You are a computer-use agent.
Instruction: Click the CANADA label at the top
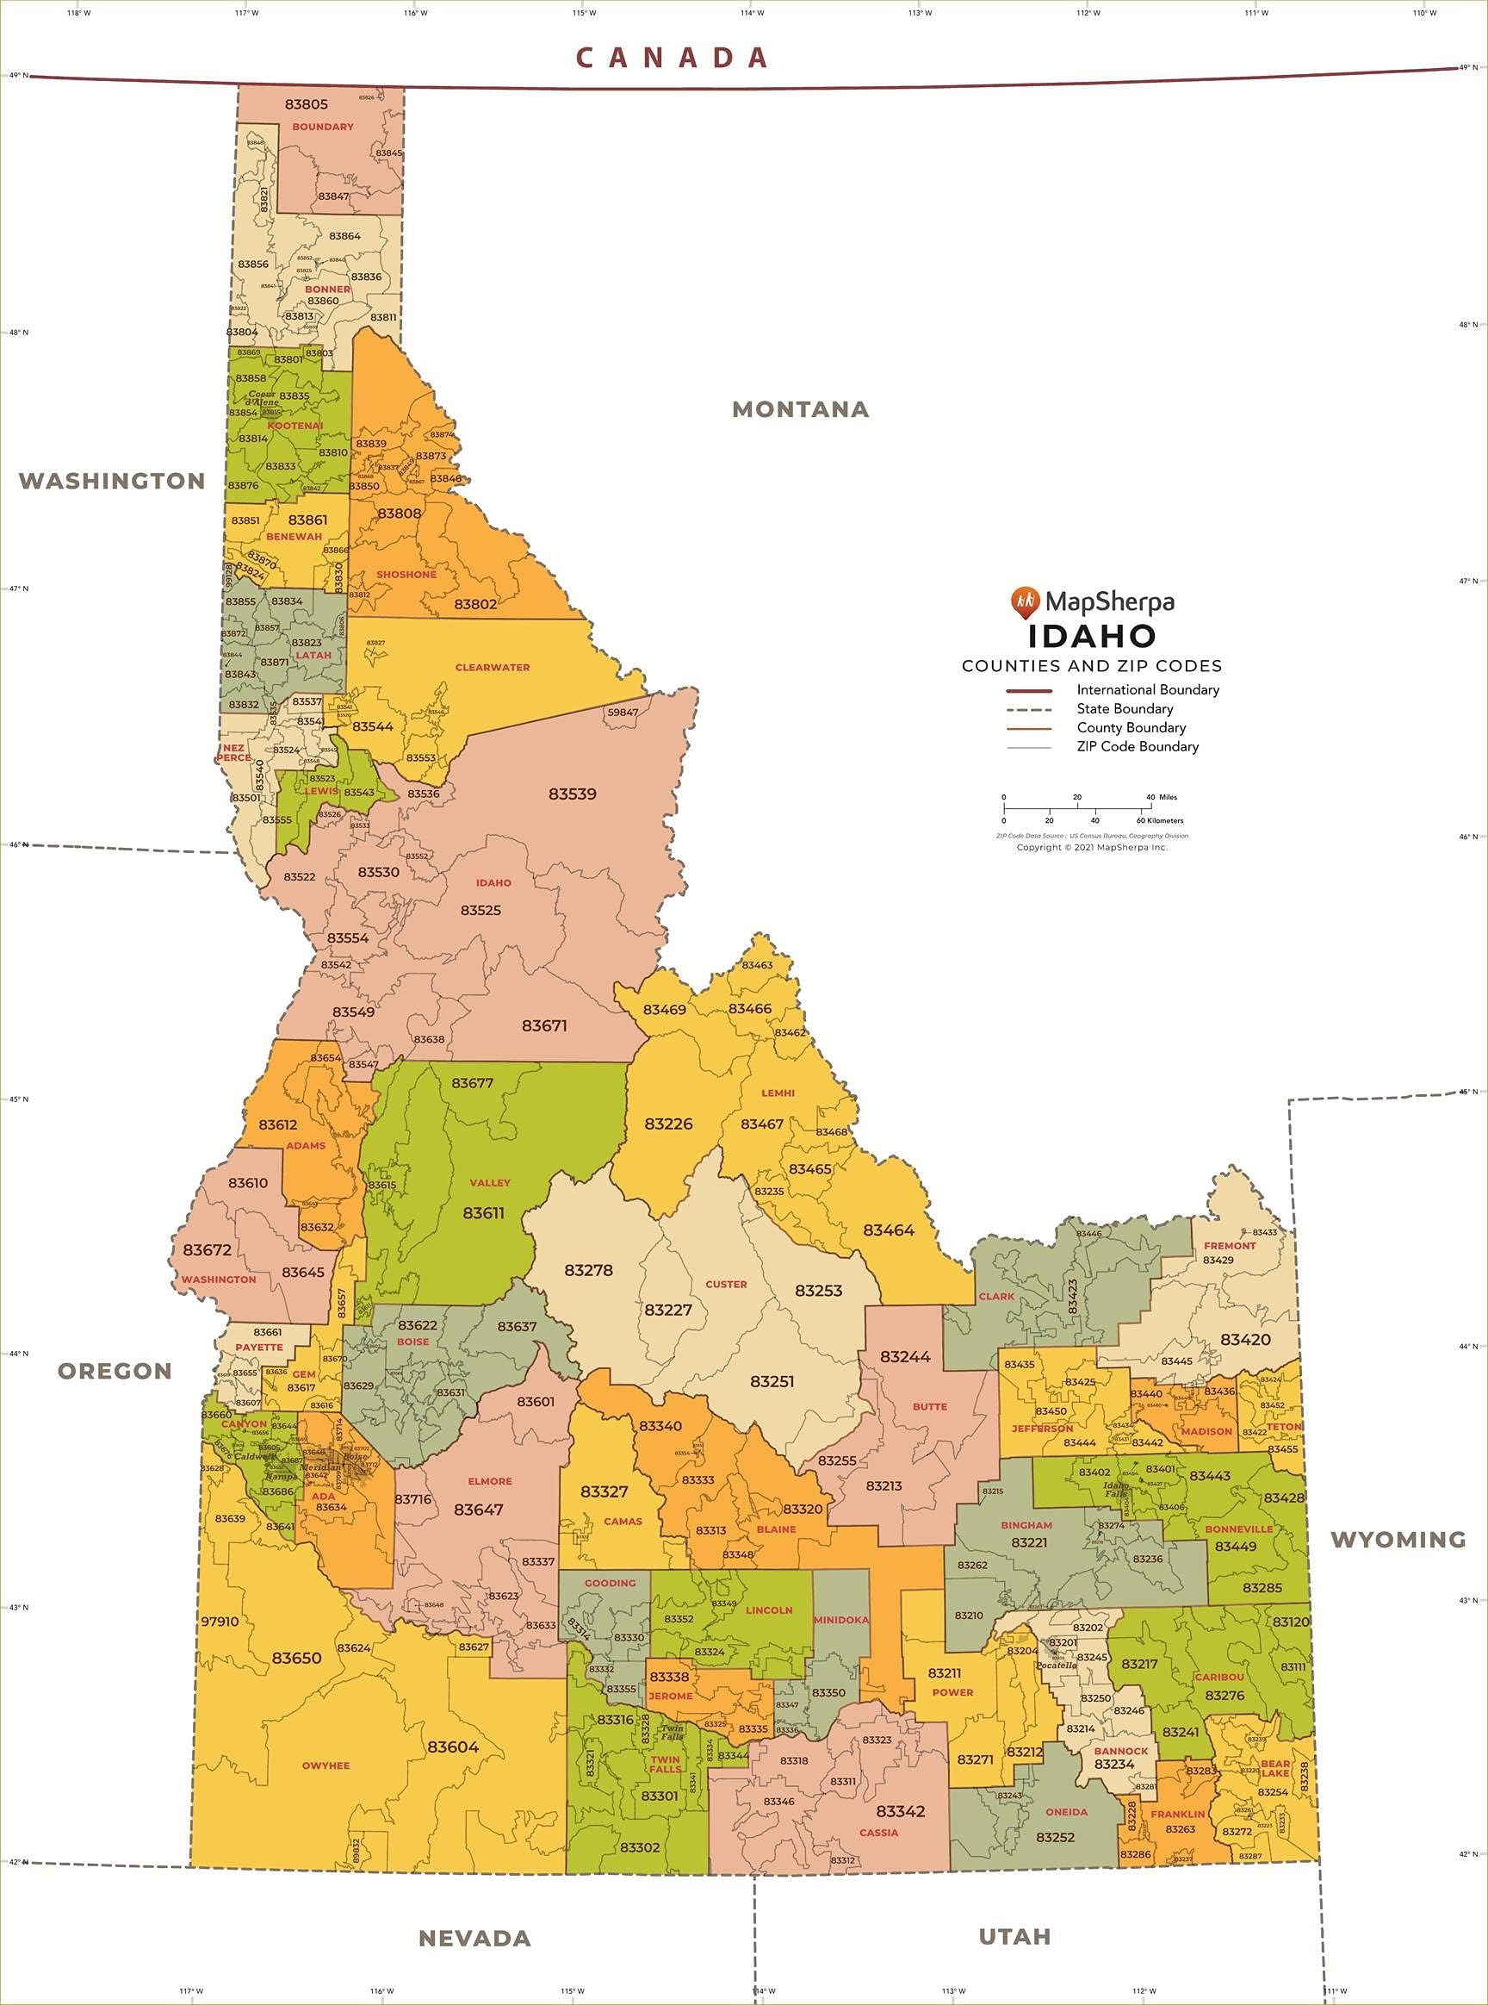[672, 58]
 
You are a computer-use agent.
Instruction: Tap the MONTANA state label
[800, 409]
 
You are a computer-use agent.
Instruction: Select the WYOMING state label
[1398, 1539]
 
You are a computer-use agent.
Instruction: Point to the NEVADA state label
[474, 1938]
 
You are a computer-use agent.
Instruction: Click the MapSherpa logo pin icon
[1025, 602]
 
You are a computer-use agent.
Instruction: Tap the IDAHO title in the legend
[1092, 636]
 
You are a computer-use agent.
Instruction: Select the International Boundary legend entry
[1148, 689]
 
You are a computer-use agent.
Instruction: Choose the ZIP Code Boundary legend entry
[1137, 746]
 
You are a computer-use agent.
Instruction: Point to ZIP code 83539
[572, 794]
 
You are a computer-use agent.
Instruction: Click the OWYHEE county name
[325, 1765]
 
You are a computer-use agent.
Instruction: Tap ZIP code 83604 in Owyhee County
[453, 1747]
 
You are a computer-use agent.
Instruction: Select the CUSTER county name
[726, 1283]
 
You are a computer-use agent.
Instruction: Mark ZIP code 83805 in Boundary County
[307, 104]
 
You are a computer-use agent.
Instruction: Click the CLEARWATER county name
[492, 668]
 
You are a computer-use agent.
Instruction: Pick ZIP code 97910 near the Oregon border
[220, 1621]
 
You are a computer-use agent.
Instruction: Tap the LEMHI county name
[778, 1093]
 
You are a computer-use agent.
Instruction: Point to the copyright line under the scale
[1092, 847]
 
